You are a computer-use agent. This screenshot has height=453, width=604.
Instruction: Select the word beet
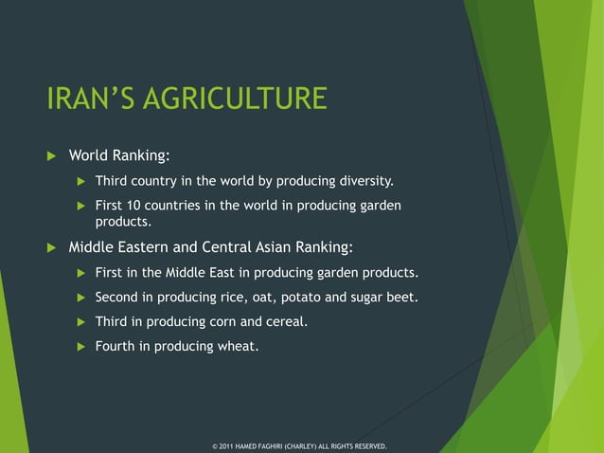(401, 298)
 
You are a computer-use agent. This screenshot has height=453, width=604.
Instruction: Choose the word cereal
(286, 322)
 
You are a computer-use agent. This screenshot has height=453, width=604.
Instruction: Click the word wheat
(237, 347)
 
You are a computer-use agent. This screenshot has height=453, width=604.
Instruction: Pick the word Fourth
(115, 347)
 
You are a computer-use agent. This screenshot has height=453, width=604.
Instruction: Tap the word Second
(117, 298)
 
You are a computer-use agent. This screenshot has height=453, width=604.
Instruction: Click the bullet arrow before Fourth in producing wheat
(80, 347)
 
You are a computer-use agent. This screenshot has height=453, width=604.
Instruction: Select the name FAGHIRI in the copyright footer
(281, 444)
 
